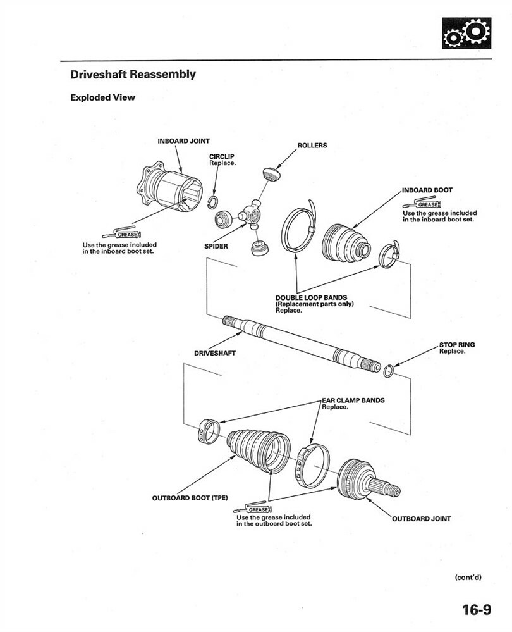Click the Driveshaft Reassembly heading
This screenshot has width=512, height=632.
tap(133, 75)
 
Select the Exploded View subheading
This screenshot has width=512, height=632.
tap(102, 97)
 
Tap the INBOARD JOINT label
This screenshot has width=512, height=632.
tap(183, 141)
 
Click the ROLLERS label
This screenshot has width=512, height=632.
tap(312, 146)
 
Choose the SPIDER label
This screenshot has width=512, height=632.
tap(216, 246)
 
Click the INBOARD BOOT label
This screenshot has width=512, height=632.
tap(427, 190)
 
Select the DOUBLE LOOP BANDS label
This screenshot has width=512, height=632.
tap(311, 297)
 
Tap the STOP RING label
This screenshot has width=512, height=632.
tap(456, 345)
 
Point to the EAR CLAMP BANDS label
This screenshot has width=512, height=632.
tap(353, 400)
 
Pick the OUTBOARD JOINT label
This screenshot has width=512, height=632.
tap(422, 519)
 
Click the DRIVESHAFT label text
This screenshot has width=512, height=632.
tap(214, 353)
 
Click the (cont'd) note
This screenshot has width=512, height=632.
tap(468, 577)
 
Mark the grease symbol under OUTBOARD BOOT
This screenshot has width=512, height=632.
tap(253, 509)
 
